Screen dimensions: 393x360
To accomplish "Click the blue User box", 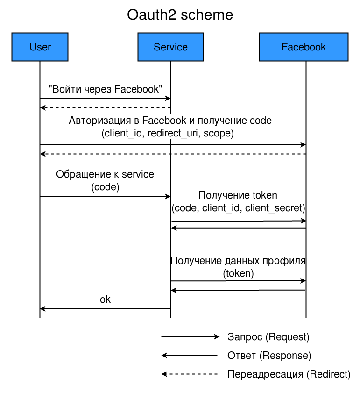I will (40, 47).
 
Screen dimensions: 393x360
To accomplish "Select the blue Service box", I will (170, 47).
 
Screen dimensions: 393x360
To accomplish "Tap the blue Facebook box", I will (304, 47).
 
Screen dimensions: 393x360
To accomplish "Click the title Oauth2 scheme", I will (180, 15).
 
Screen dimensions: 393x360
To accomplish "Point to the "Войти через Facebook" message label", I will (106, 89).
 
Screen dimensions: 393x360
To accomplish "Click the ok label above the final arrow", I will (106, 300).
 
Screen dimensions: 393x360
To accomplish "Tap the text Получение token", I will (238, 195).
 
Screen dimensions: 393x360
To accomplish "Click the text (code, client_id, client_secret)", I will (238, 207).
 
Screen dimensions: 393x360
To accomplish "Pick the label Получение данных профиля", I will (238, 261).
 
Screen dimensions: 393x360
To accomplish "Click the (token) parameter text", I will (238, 273).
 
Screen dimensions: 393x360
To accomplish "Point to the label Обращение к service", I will (105, 174).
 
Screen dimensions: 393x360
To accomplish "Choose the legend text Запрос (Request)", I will (268, 336).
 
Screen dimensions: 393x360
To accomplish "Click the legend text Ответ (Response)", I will (269, 355).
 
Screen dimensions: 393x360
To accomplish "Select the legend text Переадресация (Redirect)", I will (289, 374).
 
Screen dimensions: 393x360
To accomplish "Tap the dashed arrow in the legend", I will (190, 374).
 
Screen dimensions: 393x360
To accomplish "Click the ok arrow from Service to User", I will (105, 309).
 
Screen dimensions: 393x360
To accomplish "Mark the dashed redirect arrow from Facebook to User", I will (173, 154).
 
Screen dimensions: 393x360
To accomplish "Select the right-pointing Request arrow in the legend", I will (190, 336).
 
